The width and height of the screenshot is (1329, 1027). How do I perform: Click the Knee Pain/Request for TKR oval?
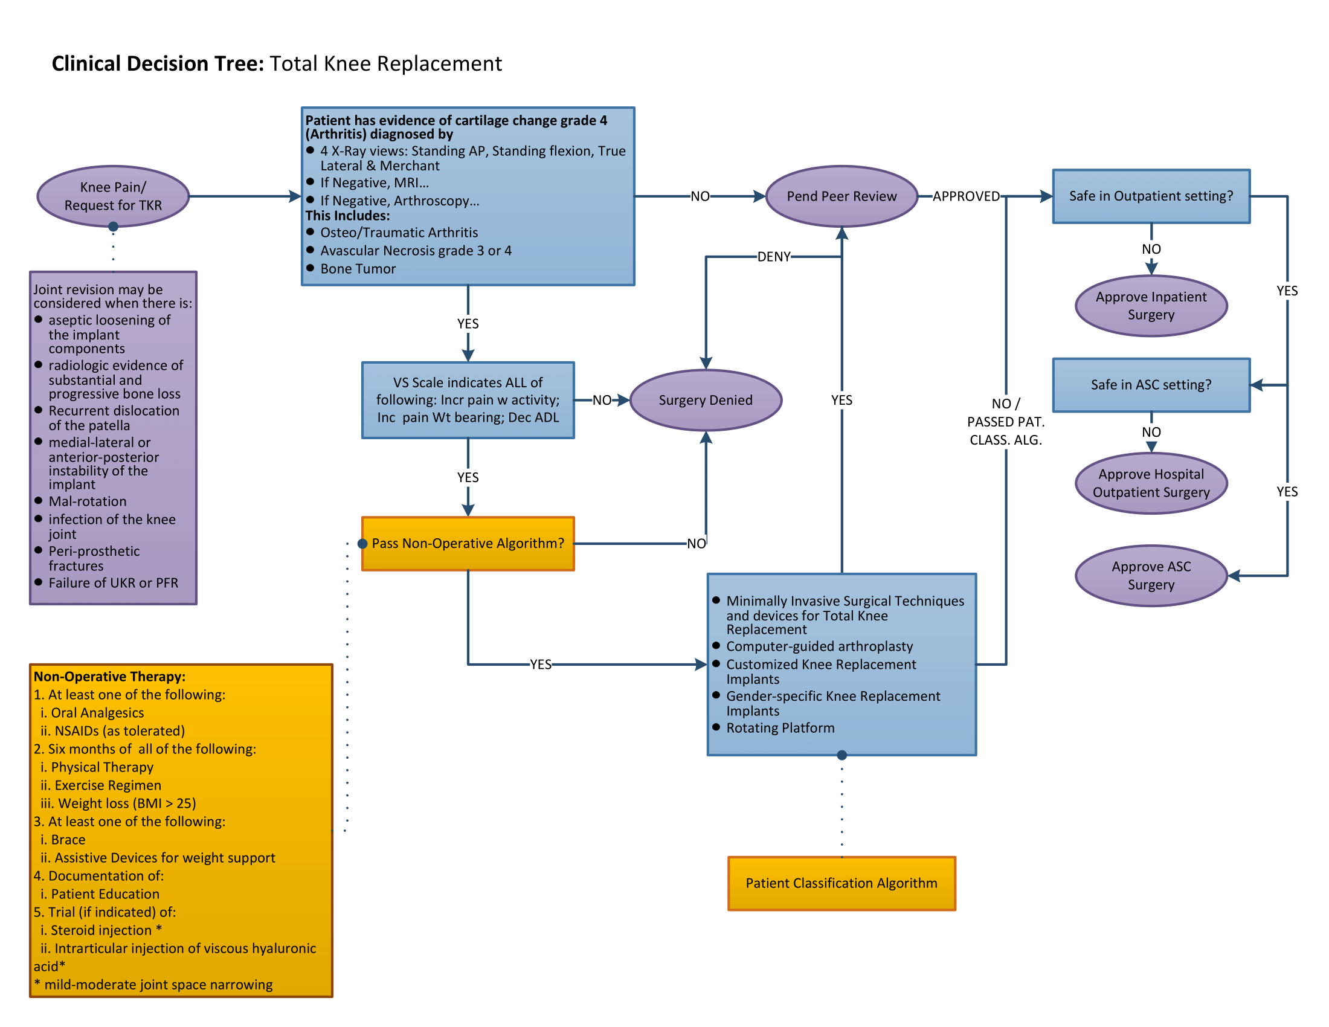(113, 196)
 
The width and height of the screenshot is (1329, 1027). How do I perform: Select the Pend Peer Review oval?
(841, 196)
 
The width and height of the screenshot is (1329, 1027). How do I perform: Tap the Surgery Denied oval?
(705, 400)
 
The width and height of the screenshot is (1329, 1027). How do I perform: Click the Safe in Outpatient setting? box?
(1151, 196)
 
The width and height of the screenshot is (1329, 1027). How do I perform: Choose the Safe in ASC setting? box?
(1151, 384)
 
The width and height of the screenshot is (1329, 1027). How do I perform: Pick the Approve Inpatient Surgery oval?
(1151, 306)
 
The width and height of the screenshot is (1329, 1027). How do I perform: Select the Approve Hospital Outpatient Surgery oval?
(1151, 483)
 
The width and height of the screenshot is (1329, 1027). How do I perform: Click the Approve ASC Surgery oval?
(1151, 575)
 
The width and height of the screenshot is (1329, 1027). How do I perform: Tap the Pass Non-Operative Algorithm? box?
(468, 543)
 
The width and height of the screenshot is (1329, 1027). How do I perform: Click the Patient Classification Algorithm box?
(841, 883)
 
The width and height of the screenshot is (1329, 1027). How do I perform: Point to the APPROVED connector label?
(966, 196)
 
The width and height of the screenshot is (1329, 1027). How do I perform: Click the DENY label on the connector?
(773, 257)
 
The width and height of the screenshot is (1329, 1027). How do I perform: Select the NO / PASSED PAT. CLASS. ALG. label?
(1005, 421)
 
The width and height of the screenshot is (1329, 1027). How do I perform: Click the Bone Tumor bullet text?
(358, 268)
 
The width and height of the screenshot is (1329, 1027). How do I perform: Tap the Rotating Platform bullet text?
(780, 728)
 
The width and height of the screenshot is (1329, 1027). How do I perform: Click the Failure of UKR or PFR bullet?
(113, 583)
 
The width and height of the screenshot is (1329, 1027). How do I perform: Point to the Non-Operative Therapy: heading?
(109, 677)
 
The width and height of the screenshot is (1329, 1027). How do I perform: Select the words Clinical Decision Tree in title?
(158, 63)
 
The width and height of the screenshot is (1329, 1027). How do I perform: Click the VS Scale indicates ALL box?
(468, 400)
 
